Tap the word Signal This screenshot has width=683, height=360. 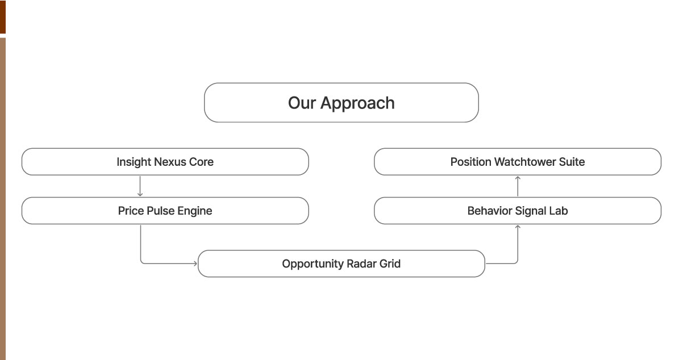coord(530,211)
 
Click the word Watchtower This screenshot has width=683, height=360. coord(523,162)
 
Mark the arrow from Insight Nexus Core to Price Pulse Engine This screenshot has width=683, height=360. coord(140,186)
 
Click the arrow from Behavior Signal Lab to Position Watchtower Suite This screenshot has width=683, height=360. coord(518,186)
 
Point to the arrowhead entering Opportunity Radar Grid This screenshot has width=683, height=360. coord(195,263)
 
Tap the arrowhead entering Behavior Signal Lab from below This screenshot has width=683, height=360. coord(518,227)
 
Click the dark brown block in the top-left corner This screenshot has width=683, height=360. coord(2,17)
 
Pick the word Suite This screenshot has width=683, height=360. coord(572,162)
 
